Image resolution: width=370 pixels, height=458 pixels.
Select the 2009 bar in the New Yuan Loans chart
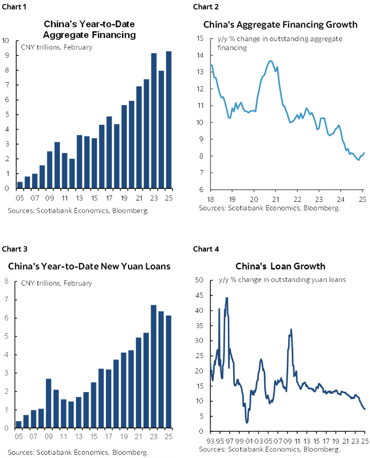[x=49, y=403]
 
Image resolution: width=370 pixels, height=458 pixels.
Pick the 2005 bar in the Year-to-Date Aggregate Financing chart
[x=20, y=185]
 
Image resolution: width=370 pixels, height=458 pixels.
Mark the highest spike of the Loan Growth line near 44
[x=227, y=298]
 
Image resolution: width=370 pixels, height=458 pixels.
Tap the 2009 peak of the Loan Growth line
[x=291, y=330]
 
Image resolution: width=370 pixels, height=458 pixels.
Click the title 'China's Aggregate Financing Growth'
[x=280, y=25]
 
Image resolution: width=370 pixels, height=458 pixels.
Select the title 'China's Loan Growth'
[x=280, y=266]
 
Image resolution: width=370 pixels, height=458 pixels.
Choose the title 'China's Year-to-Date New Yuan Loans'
[x=89, y=266]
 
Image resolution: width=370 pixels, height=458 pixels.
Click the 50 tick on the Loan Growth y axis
[x=200, y=280]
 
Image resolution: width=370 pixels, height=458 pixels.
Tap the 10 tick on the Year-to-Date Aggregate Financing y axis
[x=6, y=40]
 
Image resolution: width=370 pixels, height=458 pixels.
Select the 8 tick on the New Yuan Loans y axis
[x=6, y=282]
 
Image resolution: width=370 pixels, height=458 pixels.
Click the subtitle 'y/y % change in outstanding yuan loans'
[x=282, y=280]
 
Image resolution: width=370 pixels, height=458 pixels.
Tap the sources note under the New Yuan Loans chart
[x=78, y=451]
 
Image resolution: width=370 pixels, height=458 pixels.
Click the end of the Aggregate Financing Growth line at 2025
[x=365, y=153]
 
